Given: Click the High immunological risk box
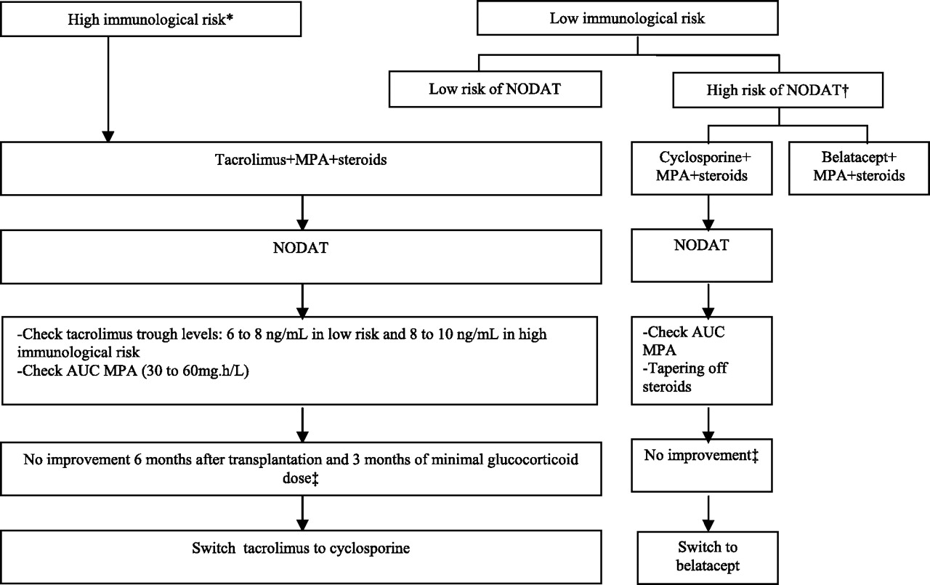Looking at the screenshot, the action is [x=150, y=19].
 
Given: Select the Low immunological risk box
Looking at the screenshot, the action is [x=627, y=18].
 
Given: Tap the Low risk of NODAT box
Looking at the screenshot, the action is [x=495, y=89].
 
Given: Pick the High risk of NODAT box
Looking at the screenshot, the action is [x=777, y=90].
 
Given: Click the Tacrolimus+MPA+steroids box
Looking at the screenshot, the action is [x=301, y=168].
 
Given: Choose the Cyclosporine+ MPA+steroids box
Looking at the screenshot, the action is [x=702, y=168].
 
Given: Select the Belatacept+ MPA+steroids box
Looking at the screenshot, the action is [x=859, y=168].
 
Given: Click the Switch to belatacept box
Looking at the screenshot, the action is [x=708, y=557].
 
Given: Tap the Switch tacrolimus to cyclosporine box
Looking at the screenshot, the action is [x=301, y=557].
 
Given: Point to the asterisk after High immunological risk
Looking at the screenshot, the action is [x=229, y=18].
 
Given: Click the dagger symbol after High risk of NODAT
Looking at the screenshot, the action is [x=845, y=91].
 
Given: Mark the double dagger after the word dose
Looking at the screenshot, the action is [x=315, y=479].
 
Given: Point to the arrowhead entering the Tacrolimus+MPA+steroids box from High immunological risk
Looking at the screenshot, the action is [x=108, y=137].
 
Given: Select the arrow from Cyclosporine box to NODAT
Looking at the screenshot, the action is [x=708, y=213].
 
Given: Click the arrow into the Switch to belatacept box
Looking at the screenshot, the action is [x=708, y=513].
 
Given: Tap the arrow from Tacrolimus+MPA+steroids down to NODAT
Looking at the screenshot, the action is [x=303, y=213].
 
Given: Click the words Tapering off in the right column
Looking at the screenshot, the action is [x=685, y=368].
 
